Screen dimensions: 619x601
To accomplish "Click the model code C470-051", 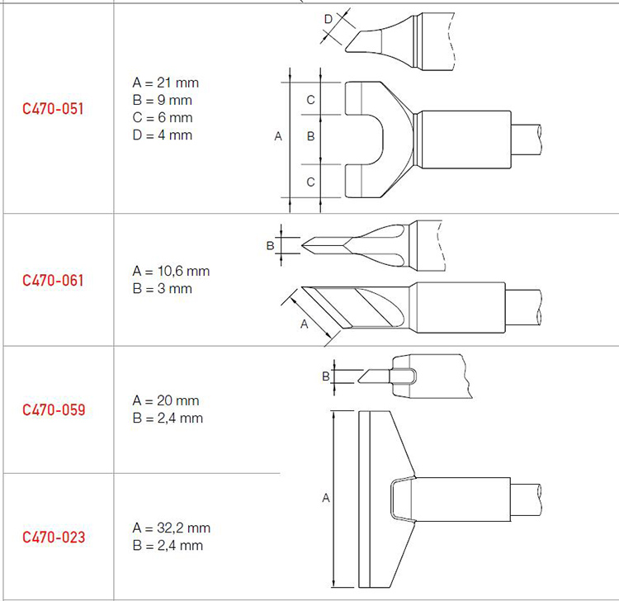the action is [x=53, y=109].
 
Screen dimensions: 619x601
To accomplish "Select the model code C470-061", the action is [x=53, y=281].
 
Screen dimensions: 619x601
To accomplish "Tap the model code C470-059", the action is [x=54, y=409].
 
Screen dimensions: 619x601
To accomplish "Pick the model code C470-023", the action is [x=54, y=537].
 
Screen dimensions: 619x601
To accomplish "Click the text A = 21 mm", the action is [x=166, y=83].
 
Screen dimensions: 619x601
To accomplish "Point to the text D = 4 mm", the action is [x=163, y=135].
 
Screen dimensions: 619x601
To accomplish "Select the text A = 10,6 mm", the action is [x=171, y=272].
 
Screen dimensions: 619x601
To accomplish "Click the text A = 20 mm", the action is [x=166, y=400].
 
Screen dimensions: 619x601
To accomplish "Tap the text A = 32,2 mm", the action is [x=172, y=528].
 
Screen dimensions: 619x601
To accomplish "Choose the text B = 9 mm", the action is [x=163, y=100].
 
